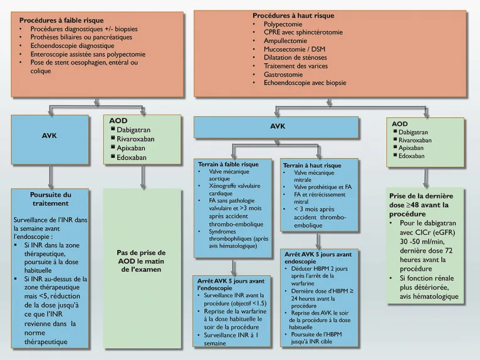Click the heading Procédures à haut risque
[x=293, y=15]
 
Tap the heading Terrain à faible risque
[x=229, y=163]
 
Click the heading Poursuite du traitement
[x=51, y=198]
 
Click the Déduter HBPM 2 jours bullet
[x=321, y=271]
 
